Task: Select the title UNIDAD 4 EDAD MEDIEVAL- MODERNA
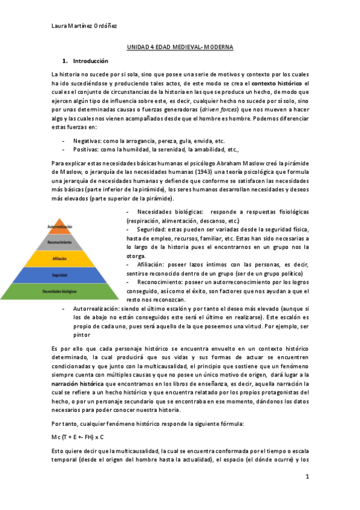[180, 46]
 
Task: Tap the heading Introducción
[90, 61]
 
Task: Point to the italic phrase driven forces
[219, 110]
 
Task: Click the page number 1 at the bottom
[307, 477]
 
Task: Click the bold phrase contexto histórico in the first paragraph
[278, 82]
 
